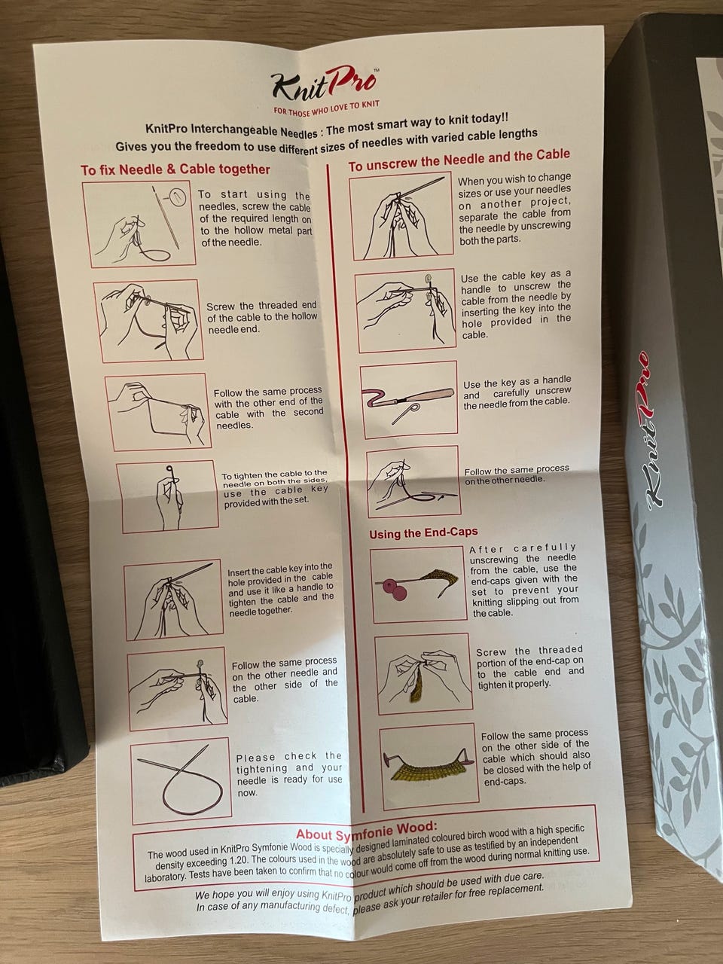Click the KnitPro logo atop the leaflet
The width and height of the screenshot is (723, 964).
(x=323, y=84)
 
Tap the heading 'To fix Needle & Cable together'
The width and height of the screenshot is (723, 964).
(x=175, y=169)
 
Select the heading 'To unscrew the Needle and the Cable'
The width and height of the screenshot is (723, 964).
(x=459, y=160)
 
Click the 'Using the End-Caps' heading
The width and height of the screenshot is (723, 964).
(x=423, y=532)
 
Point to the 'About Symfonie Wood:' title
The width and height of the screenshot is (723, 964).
(x=367, y=831)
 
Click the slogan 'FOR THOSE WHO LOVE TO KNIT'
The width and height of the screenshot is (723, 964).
(x=326, y=107)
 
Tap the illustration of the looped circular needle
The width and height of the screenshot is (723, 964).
(x=180, y=780)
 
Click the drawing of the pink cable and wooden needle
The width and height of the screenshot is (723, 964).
(x=408, y=400)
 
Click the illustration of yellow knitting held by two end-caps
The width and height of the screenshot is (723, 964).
(x=429, y=769)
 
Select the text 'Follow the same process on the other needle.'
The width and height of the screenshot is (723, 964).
(x=517, y=474)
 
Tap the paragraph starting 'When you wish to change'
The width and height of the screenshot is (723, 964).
(x=514, y=209)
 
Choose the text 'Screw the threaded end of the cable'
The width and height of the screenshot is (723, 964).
(x=262, y=310)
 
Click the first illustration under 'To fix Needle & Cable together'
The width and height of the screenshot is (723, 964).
(x=139, y=225)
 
